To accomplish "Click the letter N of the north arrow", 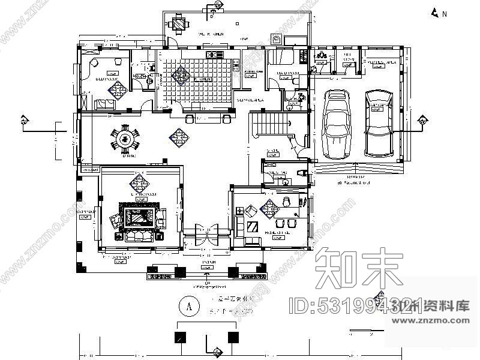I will tap(445, 14).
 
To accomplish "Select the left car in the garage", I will tap(335, 122).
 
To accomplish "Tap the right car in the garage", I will tap(379, 122).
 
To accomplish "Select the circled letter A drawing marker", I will tap(189, 307).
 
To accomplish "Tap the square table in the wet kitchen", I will tap(179, 25).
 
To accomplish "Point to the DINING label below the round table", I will tap(127, 156).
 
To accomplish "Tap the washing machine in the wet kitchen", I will tap(277, 40).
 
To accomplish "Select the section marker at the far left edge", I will tap(24, 121).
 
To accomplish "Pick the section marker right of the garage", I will tap(422, 122).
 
